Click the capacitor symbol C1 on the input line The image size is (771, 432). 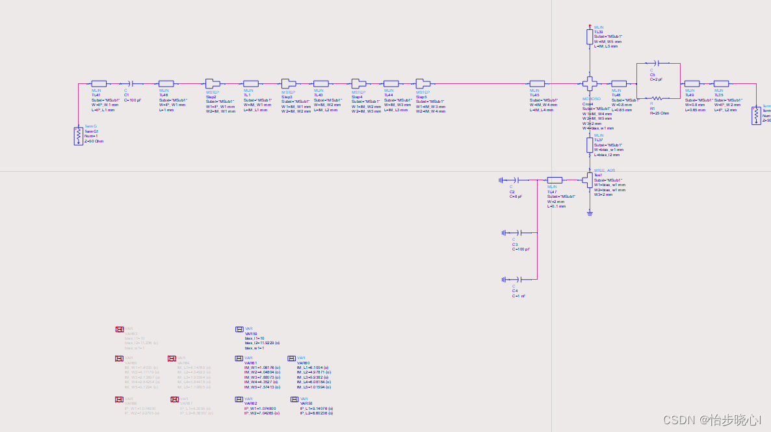click(x=132, y=83)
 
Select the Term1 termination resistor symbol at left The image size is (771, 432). click(x=78, y=135)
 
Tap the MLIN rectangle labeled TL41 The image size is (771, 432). click(x=99, y=83)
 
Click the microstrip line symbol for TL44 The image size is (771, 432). click(x=391, y=83)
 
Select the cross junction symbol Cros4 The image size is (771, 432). click(x=590, y=83)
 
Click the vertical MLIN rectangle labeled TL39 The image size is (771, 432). click(x=590, y=36)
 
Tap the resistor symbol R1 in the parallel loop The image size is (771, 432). click(x=657, y=98)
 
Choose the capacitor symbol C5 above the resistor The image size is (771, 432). click(x=657, y=63)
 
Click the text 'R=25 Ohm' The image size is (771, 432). click(x=659, y=113)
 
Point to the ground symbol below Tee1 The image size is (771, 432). click(x=590, y=212)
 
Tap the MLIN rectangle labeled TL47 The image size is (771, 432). click(x=555, y=180)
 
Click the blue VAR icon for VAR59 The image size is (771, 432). click(x=239, y=330)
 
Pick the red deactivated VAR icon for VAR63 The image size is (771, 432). click(x=120, y=330)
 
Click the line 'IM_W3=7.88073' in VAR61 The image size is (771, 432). click(x=262, y=377)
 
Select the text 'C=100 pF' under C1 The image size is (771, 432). click(x=132, y=100)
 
